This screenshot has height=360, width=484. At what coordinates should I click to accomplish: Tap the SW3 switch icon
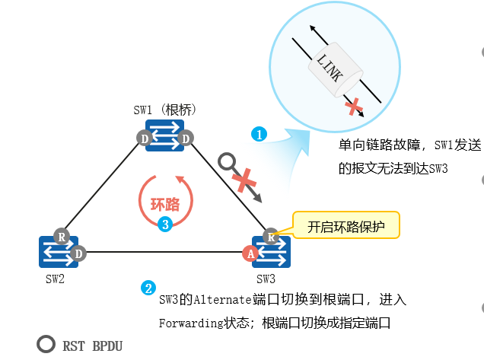[272, 252]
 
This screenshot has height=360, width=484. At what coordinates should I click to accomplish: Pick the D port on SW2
[78, 253]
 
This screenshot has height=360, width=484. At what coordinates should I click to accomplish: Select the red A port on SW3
[250, 253]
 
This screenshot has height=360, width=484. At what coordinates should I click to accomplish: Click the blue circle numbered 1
[259, 134]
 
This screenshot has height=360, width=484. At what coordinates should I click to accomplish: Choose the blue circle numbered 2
[148, 288]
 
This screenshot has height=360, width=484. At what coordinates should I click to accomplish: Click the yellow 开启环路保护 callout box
[345, 226]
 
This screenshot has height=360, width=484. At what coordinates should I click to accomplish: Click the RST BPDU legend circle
[46, 345]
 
